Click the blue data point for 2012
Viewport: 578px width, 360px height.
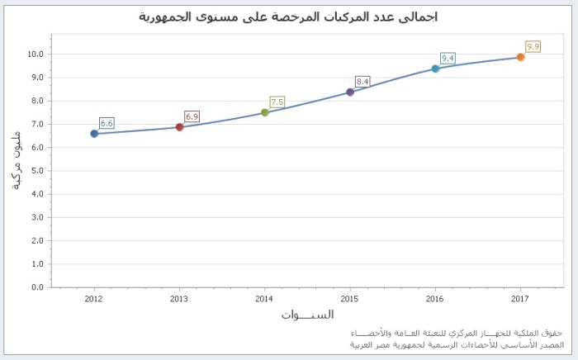[x=94, y=134]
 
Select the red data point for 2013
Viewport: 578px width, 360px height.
[x=179, y=127]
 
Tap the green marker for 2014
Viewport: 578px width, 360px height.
[x=265, y=112]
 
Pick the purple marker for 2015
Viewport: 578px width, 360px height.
[x=350, y=92]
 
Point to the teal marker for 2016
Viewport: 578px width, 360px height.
[x=435, y=69]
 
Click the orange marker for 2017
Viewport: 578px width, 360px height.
[x=521, y=57]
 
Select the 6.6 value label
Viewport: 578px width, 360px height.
[x=107, y=123]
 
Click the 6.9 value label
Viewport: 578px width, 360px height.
[x=192, y=116]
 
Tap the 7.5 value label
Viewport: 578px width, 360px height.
[x=277, y=102]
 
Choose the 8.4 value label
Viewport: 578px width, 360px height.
[x=362, y=81]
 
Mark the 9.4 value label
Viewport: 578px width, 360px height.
[x=448, y=58]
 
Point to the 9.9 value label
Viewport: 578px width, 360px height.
[x=533, y=47]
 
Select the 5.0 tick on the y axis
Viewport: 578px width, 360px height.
[x=36, y=171]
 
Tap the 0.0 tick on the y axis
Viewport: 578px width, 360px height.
[x=36, y=287]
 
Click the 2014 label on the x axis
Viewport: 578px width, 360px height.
[x=264, y=298]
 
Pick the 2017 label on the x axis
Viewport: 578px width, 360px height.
[x=520, y=298]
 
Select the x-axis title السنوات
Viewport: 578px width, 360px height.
[x=307, y=315]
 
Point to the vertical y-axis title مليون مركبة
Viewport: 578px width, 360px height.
[x=17, y=161]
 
